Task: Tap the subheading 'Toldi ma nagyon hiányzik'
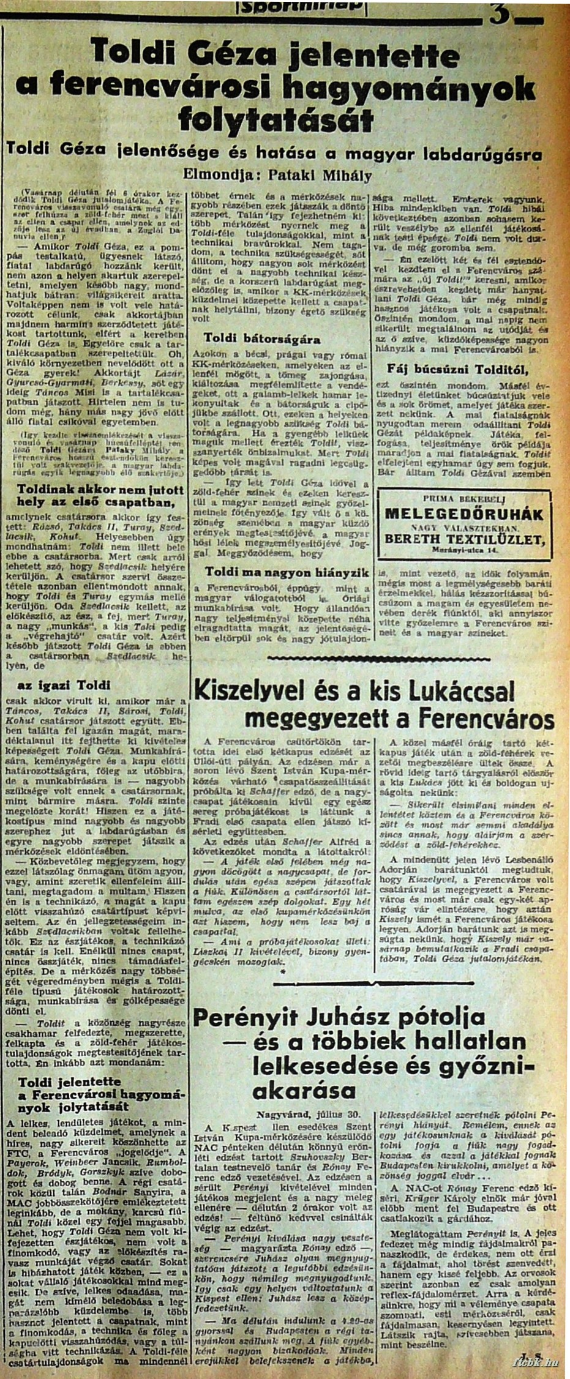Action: point(287,572)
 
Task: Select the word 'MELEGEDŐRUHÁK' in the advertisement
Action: point(464,513)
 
